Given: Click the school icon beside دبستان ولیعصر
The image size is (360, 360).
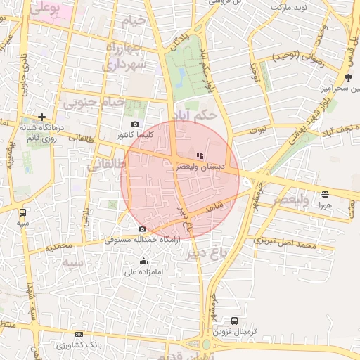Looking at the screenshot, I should (200, 155).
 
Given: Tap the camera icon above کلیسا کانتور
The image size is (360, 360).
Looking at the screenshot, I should (135, 124).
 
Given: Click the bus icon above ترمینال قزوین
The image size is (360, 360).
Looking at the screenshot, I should (234, 321).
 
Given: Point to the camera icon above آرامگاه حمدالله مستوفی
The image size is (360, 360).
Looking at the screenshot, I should (143, 229).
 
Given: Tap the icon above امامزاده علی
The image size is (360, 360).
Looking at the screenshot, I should (143, 262).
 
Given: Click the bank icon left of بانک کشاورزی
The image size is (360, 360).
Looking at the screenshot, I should (79, 334).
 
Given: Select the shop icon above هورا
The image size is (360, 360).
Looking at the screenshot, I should (325, 193).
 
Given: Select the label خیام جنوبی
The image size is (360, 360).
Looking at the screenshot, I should (94, 103).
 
